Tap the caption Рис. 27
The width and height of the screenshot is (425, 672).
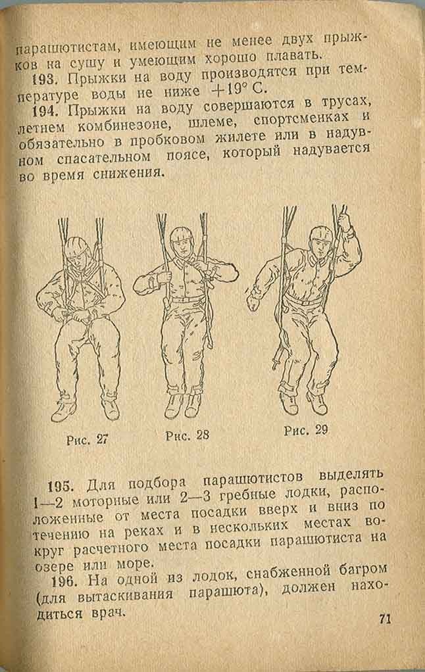(87, 440)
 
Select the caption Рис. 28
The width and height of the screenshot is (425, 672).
(187, 435)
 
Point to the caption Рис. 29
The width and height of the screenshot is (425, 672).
(306, 430)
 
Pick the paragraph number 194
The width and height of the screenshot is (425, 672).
(45, 111)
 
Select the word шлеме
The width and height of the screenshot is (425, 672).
(212, 122)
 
